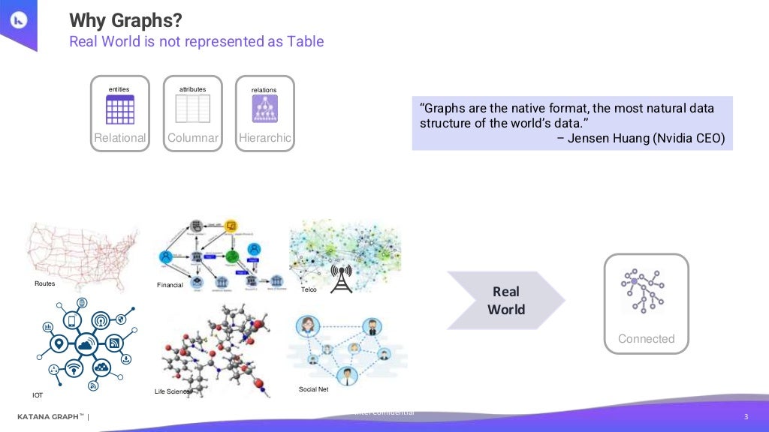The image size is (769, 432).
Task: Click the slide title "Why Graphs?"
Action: tap(125, 19)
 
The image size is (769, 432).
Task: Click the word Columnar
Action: tap(193, 138)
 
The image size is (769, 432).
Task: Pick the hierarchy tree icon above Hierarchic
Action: tap(264, 109)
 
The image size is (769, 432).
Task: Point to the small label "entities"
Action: tap(119, 90)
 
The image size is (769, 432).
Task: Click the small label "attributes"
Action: tap(192, 90)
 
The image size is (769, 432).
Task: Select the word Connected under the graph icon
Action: tap(646, 339)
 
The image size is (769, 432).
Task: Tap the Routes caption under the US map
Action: tap(45, 284)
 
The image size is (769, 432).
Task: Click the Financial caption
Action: tap(170, 286)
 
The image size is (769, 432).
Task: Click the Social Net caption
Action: tap(313, 389)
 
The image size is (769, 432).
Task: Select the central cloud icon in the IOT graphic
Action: tap(86, 344)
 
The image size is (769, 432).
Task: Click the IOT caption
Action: tap(38, 395)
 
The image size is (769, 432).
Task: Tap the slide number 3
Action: tap(746, 417)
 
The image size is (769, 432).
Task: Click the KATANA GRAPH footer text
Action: tap(50, 417)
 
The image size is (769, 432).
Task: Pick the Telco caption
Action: tap(309, 289)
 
